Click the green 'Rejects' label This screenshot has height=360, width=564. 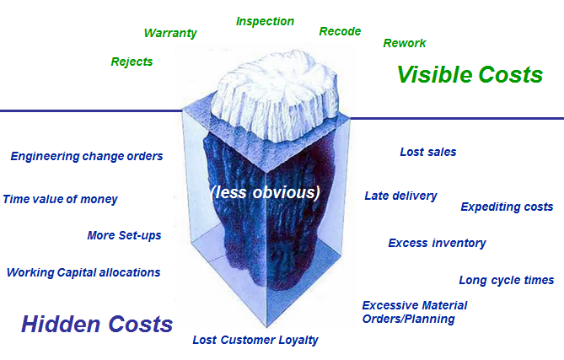tap(132, 62)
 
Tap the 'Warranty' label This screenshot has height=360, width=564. tap(170, 33)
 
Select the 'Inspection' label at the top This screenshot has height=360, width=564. tap(265, 21)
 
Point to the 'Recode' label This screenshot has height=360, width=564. tap(340, 31)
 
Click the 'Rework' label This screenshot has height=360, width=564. tap(405, 43)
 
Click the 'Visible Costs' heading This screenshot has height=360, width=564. tap(470, 74)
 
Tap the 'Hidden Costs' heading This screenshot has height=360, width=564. tap(97, 324)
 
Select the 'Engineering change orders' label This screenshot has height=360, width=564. tap(87, 156)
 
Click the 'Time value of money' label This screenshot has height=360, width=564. tap(61, 200)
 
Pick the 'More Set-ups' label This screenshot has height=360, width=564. tap(124, 235)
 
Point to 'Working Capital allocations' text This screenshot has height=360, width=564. tap(83, 272)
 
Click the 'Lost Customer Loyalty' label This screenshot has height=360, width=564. tap(255, 341)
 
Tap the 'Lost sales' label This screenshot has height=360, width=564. tap(427, 153)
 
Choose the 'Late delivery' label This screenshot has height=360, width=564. tap(400, 196)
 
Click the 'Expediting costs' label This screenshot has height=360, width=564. tap(507, 207)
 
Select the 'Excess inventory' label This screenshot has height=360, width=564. tap(437, 243)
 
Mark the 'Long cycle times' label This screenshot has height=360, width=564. tap(506, 280)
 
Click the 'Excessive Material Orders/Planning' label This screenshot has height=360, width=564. tap(414, 312)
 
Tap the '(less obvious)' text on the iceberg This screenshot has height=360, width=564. tap(266, 192)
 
